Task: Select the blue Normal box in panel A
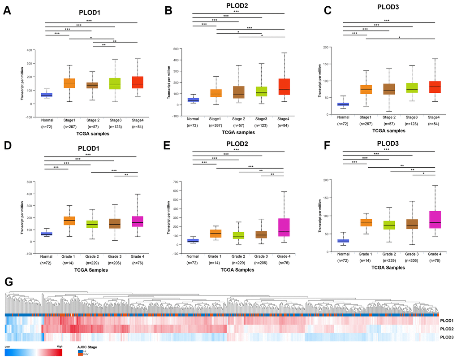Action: tap(46, 95)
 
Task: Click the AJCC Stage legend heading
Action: tap(88, 347)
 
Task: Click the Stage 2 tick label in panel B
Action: tap(238, 118)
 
